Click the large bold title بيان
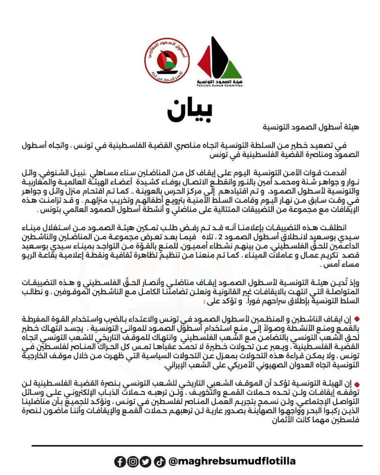point(190,109)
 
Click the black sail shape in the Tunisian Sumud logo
point(222,55)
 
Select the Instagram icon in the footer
point(133,461)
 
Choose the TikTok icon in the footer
point(160,461)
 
